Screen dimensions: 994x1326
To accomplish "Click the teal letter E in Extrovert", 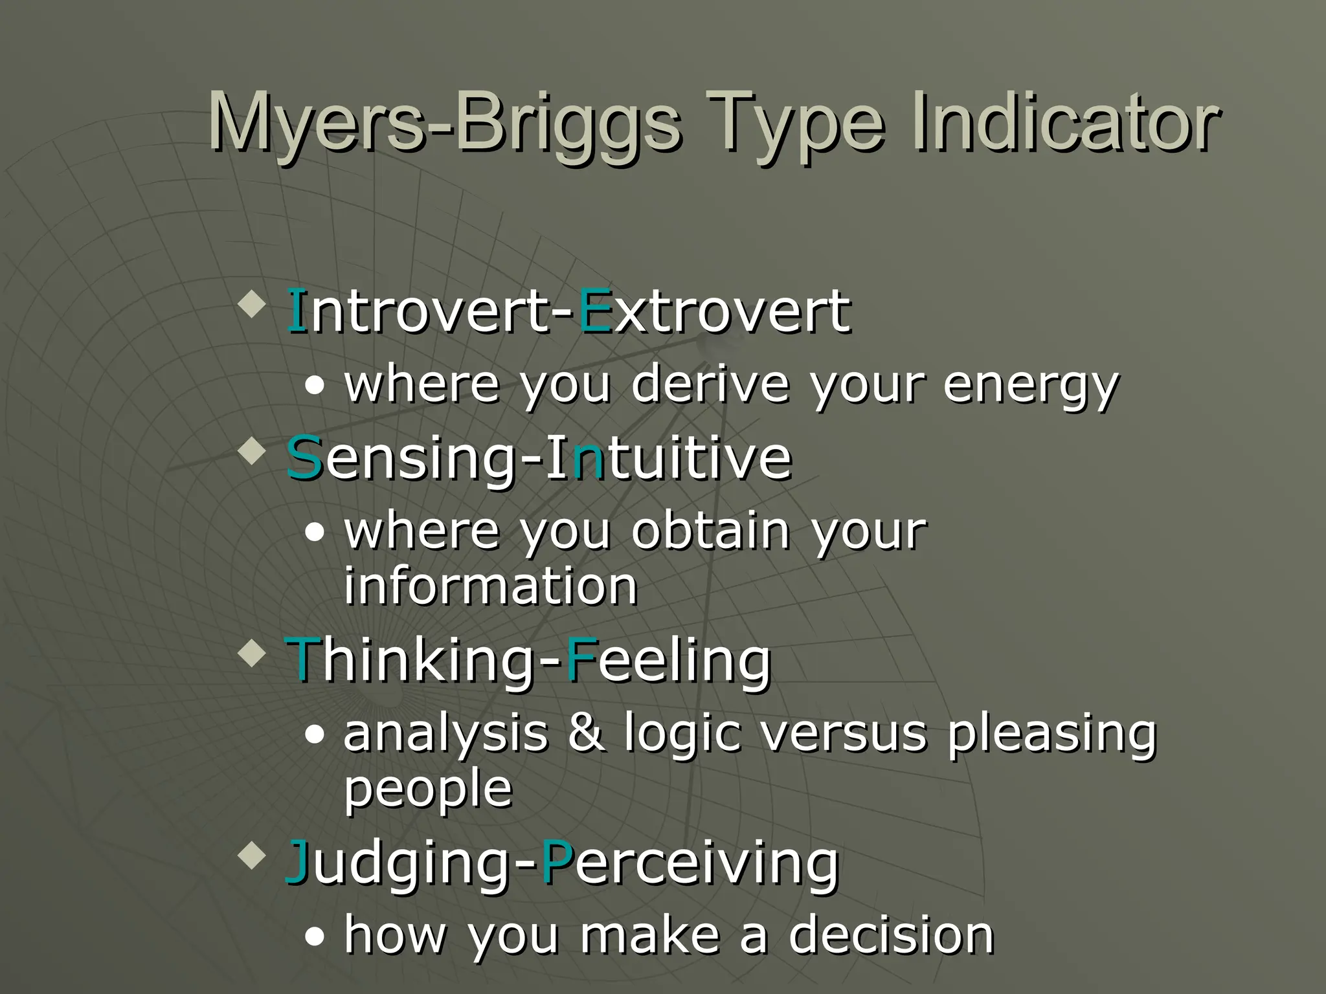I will pyautogui.click(x=594, y=312).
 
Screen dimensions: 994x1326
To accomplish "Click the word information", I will pyautogui.click(x=490, y=586).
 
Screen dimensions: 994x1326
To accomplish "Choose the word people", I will pyautogui.click(x=428, y=790).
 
